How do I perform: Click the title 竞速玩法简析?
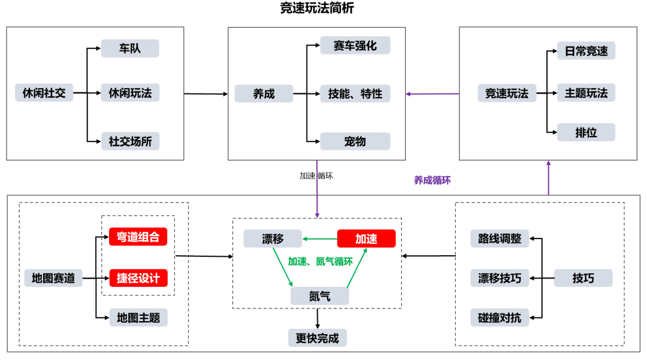point(316,8)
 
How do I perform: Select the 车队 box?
point(130,49)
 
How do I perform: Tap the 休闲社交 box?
point(44,93)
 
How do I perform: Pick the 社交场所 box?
point(131,141)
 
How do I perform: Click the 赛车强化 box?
point(355,46)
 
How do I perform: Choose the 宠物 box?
point(355,141)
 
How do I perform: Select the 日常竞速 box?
point(586,51)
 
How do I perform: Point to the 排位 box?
point(586,132)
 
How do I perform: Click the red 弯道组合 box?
point(138,237)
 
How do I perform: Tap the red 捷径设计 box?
point(138,278)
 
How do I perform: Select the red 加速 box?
point(367,238)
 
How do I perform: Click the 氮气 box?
point(320,296)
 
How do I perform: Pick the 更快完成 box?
point(318,338)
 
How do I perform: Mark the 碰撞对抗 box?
point(500,317)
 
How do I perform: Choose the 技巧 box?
point(583,278)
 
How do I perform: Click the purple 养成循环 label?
point(432,180)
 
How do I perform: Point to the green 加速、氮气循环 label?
point(320,261)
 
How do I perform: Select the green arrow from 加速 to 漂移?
point(320,239)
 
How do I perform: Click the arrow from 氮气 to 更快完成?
point(318,319)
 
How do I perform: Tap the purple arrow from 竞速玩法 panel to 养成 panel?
point(433,94)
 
